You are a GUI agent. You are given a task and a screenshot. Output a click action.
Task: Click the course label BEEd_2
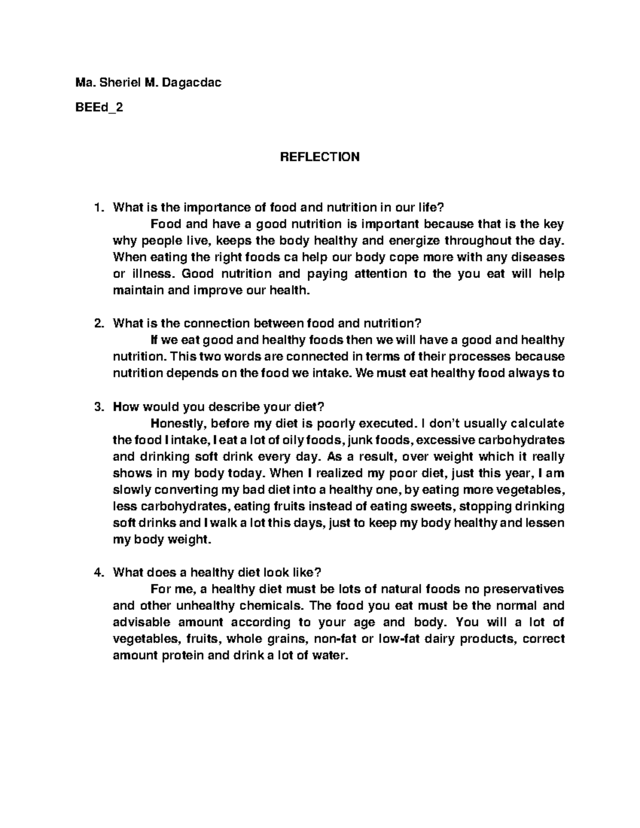point(99,107)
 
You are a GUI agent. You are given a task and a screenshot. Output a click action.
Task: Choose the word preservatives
point(521,589)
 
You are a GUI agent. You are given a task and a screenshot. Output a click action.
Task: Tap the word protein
point(178,656)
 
